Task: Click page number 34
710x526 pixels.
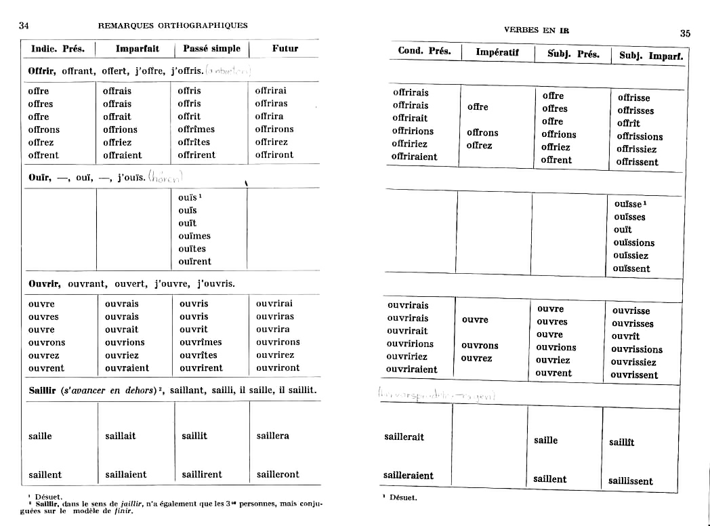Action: pos(24,26)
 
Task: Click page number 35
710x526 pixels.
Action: pos(685,33)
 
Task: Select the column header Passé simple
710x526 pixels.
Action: pos(211,49)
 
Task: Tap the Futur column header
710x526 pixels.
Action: pos(285,49)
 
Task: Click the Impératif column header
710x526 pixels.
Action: pos(497,52)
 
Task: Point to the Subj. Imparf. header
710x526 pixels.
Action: pos(651,56)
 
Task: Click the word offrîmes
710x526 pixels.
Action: pos(196,129)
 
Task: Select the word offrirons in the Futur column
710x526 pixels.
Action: pos(274,129)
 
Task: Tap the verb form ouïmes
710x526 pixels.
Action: pos(194,236)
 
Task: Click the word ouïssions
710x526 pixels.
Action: pos(634,243)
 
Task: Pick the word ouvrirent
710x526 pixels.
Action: pos(201,368)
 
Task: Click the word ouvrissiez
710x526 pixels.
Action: pos(633,362)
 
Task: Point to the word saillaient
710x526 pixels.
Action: pos(125,474)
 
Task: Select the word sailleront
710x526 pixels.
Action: pos(278,474)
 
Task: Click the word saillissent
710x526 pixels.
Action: pos(630,481)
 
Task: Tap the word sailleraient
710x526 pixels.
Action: pos(408,476)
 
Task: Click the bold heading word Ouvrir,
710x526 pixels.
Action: pos(45,283)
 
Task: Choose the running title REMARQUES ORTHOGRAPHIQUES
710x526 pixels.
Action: pos(173,26)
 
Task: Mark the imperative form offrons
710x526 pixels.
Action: pos(482,133)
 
